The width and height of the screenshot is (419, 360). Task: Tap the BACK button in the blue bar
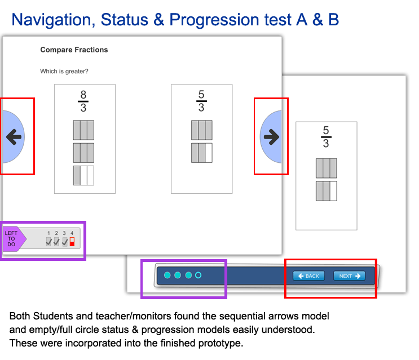(x=309, y=276)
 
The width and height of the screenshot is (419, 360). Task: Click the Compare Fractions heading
(x=74, y=50)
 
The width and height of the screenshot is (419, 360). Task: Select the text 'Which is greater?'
(x=64, y=72)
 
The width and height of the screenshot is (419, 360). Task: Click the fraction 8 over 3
(x=83, y=101)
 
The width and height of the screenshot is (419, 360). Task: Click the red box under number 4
(x=72, y=242)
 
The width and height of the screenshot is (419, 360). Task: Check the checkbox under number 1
(x=48, y=242)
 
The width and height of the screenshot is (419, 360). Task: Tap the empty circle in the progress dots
(x=198, y=275)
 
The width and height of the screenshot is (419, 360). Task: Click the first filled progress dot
(x=167, y=275)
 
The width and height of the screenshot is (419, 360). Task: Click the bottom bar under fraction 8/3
(x=83, y=176)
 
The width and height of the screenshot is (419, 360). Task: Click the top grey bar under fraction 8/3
(x=83, y=130)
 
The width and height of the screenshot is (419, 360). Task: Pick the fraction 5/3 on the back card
(x=326, y=137)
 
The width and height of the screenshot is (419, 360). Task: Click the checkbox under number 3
(x=65, y=242)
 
